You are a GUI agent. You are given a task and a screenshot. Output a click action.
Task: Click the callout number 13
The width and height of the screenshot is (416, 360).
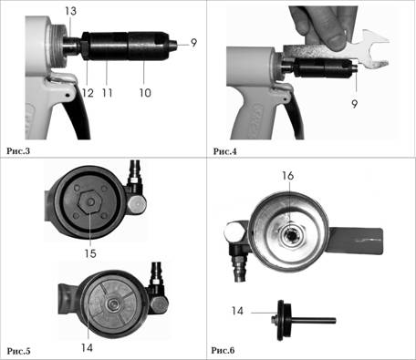(x=70, y=11)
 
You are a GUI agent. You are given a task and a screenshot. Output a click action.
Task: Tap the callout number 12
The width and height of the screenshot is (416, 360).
(x=88, y=93)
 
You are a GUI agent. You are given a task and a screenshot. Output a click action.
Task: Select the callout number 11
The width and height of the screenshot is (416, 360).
(x=108, y=93)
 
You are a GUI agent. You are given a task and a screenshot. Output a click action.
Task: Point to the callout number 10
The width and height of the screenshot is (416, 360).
(x=145, y=93)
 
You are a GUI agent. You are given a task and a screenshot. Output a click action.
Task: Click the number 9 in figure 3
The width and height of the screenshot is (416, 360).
(x=194, y=43)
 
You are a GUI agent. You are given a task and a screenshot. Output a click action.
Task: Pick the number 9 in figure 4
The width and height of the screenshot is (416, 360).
(x=355, y=104)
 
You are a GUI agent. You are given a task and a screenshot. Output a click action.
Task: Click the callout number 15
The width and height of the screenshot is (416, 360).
(x=90, y=253)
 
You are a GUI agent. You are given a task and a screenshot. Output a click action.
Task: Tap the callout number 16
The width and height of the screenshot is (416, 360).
(x=287, y=176)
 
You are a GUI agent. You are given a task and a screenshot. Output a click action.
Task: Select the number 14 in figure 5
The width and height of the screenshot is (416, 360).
(x=87, y=347)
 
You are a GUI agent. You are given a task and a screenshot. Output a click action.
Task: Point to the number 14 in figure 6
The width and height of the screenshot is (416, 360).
(x=237, y=311)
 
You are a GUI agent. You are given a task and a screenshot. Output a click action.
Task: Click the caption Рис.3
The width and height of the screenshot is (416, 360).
(x=18, y=150)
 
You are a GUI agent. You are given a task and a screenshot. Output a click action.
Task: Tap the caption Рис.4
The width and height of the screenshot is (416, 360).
(x=224, y=151)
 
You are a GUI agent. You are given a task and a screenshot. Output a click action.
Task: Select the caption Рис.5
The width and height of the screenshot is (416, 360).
(x=18, y=351)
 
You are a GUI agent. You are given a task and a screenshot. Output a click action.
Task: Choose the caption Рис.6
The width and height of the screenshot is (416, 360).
(x=223, y=350)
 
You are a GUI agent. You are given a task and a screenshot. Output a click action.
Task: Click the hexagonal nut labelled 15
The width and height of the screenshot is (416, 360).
(x=90, y=202)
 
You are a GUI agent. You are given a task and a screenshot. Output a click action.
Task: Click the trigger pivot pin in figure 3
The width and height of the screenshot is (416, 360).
(x=68, y=96)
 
